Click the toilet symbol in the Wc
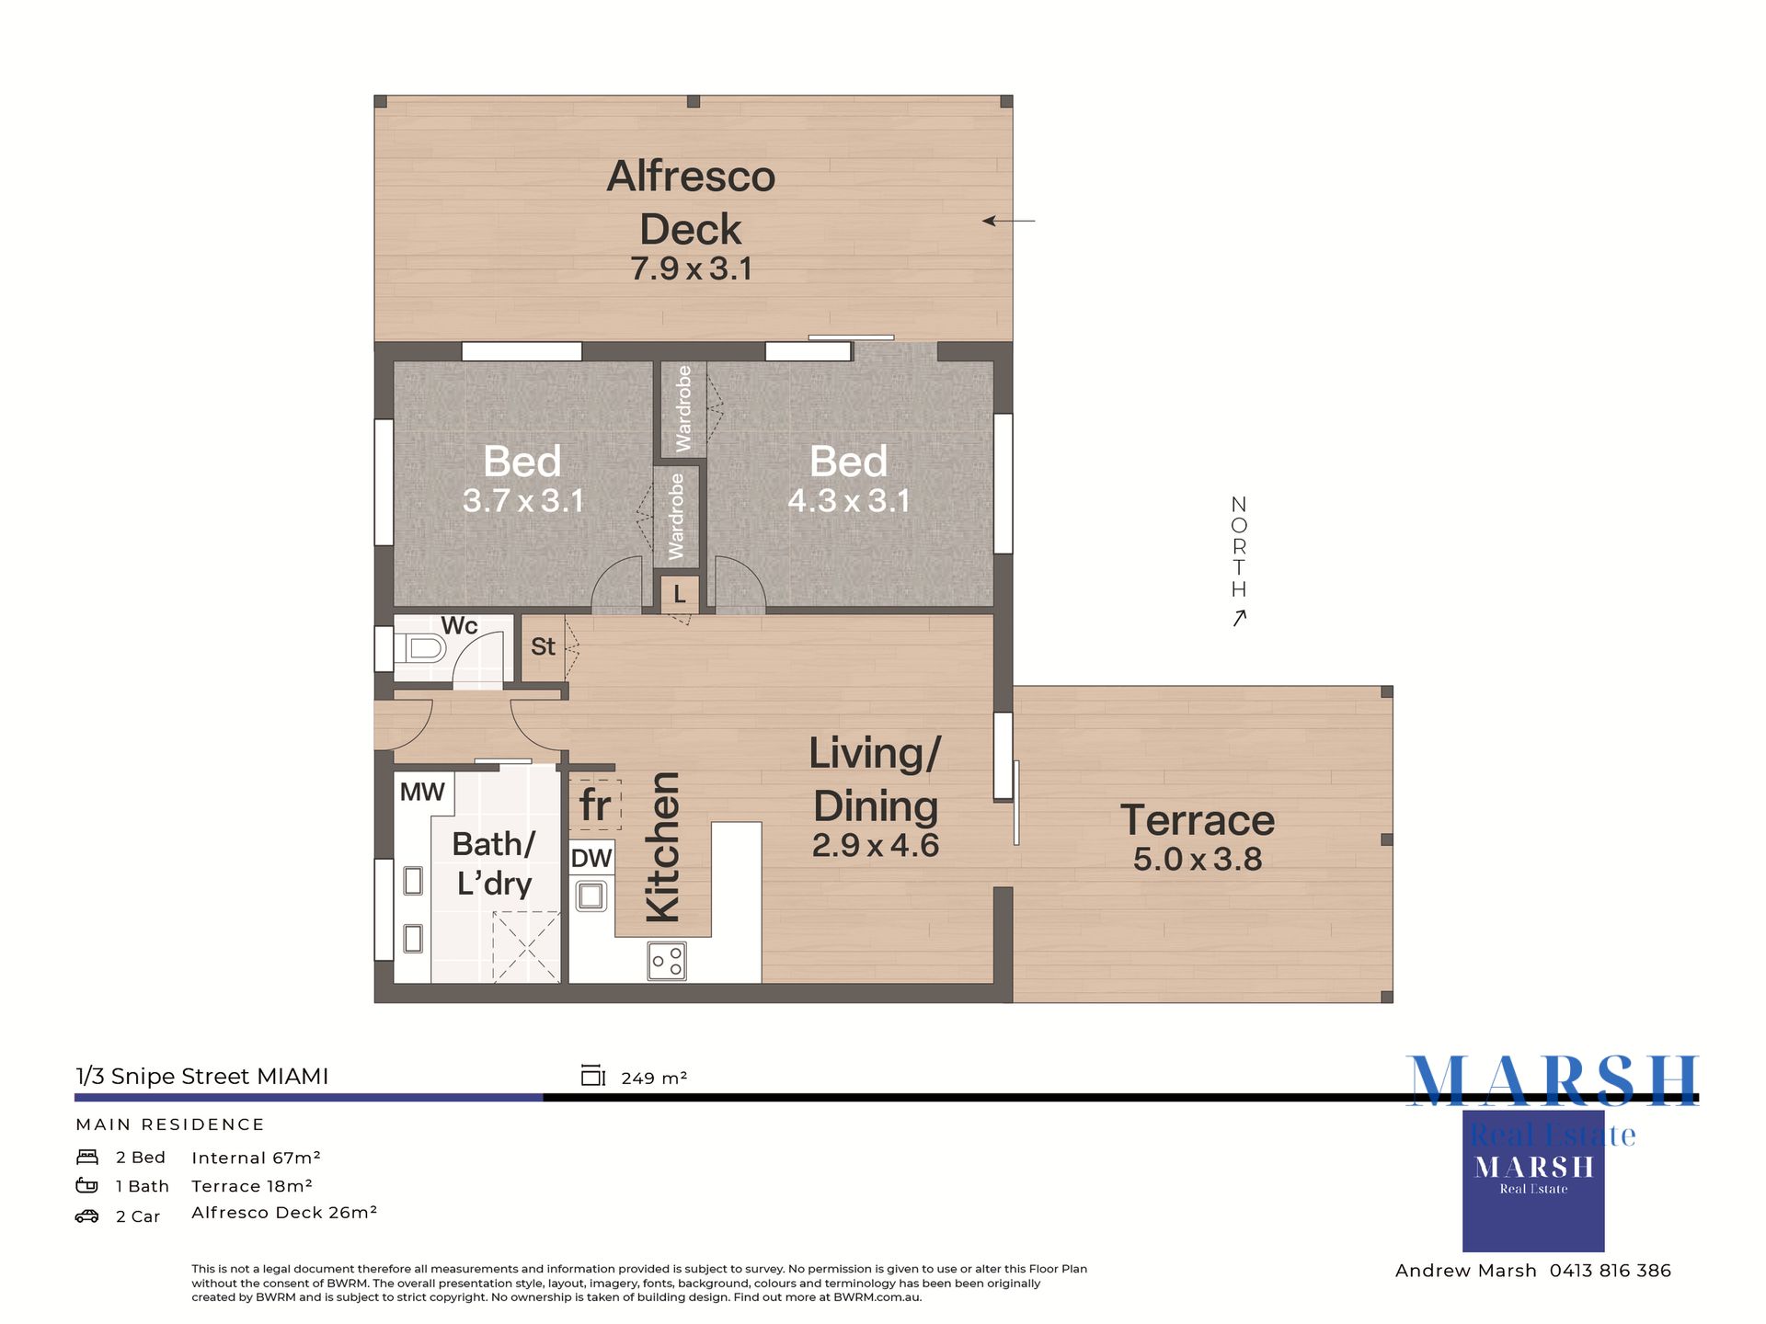click(421, 648)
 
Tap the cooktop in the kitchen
click(667, 961)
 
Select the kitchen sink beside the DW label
click(591, 896)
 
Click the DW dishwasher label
click(591, 858)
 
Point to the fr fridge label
click(595, 806)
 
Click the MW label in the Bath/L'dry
click(422, 792)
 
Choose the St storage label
click(543, 646)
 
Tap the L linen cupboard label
click(680, 594)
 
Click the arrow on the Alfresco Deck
click(1008, 221)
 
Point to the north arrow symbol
click(1239, 618)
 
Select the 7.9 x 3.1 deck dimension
click(691, 268)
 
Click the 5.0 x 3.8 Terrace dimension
click(1198, 859)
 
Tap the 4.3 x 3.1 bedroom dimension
click(849, 500)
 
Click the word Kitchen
click(662, 847)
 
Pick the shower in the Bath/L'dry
click(526, 947)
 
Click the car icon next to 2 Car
click(86, 1216)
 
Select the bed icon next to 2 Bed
click(87, 1157)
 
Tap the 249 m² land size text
click(654, 1078)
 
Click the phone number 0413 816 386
click(1611, 1271)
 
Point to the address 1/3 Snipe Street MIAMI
click(202, 1077)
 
